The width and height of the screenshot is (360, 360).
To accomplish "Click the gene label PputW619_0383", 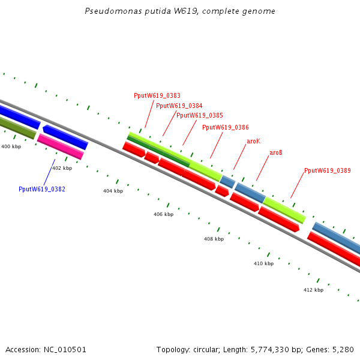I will point(157,95).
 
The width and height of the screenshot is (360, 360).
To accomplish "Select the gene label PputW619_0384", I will point(179,106).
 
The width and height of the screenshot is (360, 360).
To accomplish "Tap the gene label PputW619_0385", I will point(200,115).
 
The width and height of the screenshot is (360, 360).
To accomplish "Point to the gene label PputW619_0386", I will point(226,127).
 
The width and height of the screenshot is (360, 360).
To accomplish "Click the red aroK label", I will point(253,141).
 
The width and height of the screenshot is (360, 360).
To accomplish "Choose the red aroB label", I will point(276,153).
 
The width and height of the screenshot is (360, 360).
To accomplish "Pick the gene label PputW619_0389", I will point(328,171).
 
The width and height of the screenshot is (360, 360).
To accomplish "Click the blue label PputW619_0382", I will point(42,189).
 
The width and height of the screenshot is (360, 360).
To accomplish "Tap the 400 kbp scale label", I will point(11,146).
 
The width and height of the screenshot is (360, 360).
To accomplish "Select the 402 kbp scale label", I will point(62,169).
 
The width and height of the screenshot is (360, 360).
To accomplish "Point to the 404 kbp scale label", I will point(113,191).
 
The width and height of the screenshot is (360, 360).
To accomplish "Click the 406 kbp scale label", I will point(163,214).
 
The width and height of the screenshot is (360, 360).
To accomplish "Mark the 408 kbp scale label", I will point(214,239).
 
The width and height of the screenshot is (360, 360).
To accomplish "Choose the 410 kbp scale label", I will point(263,263).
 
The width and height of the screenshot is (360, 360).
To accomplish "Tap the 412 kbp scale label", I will point(313,290).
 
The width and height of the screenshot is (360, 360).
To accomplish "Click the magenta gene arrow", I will point(60,146).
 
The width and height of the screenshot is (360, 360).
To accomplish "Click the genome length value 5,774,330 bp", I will point(270,349).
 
